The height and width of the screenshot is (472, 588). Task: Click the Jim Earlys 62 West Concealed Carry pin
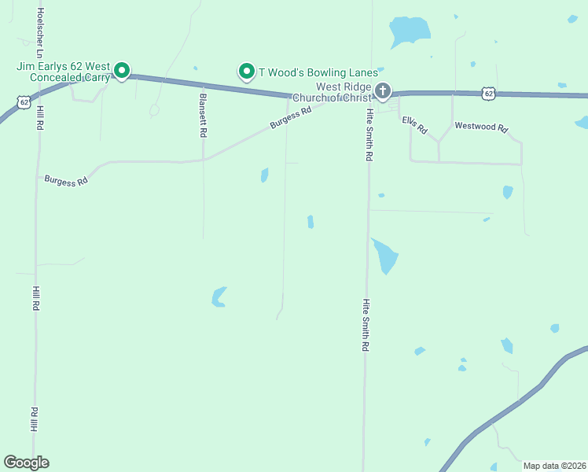pos(122,71)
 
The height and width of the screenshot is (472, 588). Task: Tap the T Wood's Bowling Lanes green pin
pos(246,72)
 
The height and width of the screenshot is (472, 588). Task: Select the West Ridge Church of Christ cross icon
pos(383,91)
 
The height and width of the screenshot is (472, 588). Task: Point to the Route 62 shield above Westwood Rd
pos(489,93)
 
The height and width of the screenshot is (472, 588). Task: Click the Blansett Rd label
pos(203,116)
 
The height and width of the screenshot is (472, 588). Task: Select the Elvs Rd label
pos(413,124)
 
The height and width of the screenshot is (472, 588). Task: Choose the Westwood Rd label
pos(482,127)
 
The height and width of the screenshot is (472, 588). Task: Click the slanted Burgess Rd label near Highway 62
pos(291,117)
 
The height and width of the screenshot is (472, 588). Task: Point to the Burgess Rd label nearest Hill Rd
pos(66,180)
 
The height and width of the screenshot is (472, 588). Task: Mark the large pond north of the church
pos(410,31)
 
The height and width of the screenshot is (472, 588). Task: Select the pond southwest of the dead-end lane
pos(219,297)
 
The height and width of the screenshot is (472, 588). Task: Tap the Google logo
pos(26,463)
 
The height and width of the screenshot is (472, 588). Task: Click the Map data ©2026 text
pos(553,466)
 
